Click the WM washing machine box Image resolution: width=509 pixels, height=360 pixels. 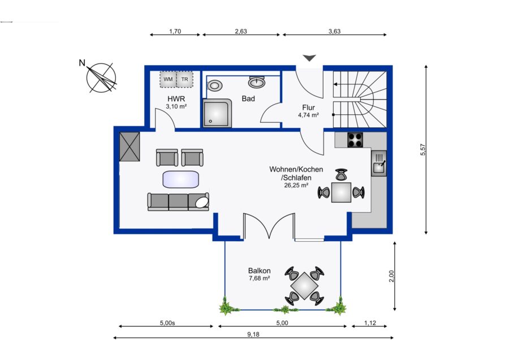[x=168, y=79]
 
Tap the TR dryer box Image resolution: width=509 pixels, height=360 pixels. [x=185, y=79]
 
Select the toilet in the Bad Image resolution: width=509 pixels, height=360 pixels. [x=214, y=86]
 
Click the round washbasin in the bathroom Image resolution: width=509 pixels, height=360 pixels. [x=257, y=82]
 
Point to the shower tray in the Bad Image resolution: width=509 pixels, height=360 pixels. [x=218, y=113]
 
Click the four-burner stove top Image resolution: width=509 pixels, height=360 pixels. [x=355, y=140]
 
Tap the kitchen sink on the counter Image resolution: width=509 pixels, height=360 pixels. [x=379, y=164]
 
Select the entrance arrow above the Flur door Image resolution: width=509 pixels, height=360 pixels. [x=309, y=58]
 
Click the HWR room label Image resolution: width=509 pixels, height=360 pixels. [x=176, y=98]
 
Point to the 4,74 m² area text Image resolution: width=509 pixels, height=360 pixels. [x=308, y=115]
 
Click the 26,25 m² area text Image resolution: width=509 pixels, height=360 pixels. [x=296, y=185]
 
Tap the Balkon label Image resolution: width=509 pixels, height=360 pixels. [x=260, y=271]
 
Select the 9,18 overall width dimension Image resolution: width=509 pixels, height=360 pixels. [x=253, y=335]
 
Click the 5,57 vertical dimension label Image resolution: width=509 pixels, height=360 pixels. [x=422, y=149]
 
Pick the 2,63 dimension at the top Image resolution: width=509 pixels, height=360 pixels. [x=241, y=31]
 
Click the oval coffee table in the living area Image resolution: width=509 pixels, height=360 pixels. [x=181, y=179]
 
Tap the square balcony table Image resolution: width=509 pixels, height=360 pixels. [x=304, y=286]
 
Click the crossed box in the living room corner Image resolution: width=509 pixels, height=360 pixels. [x=130, y=147]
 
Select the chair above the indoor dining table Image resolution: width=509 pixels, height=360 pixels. [x=341, y=175]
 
